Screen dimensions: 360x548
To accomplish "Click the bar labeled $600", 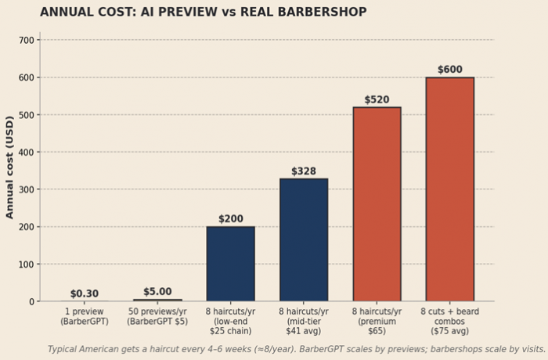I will click(x=449, y=189).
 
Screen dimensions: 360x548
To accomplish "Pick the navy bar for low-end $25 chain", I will click(x=230, y=264).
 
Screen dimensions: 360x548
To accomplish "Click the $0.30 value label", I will click(x=85, y=293).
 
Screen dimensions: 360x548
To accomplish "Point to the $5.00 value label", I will click(x=157, y=291).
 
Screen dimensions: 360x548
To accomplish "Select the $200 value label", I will click(x=230, y=219).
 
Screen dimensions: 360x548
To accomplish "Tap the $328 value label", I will click(x=304, y=171).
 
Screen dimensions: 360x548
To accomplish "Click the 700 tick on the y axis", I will click(x=27, y=40).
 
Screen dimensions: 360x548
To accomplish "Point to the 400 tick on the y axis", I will click(x=27, y=152).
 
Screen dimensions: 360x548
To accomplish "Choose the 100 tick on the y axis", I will click(x=27, y=264).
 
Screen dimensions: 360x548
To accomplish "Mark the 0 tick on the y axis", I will click(x=32, y=301).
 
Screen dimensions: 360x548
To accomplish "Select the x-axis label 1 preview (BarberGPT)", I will click(x=85, y=316).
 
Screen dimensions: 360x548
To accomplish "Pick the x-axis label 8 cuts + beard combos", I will click(x=449, y=320).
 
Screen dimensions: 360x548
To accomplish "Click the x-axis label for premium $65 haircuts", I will click(x=377, y=320).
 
